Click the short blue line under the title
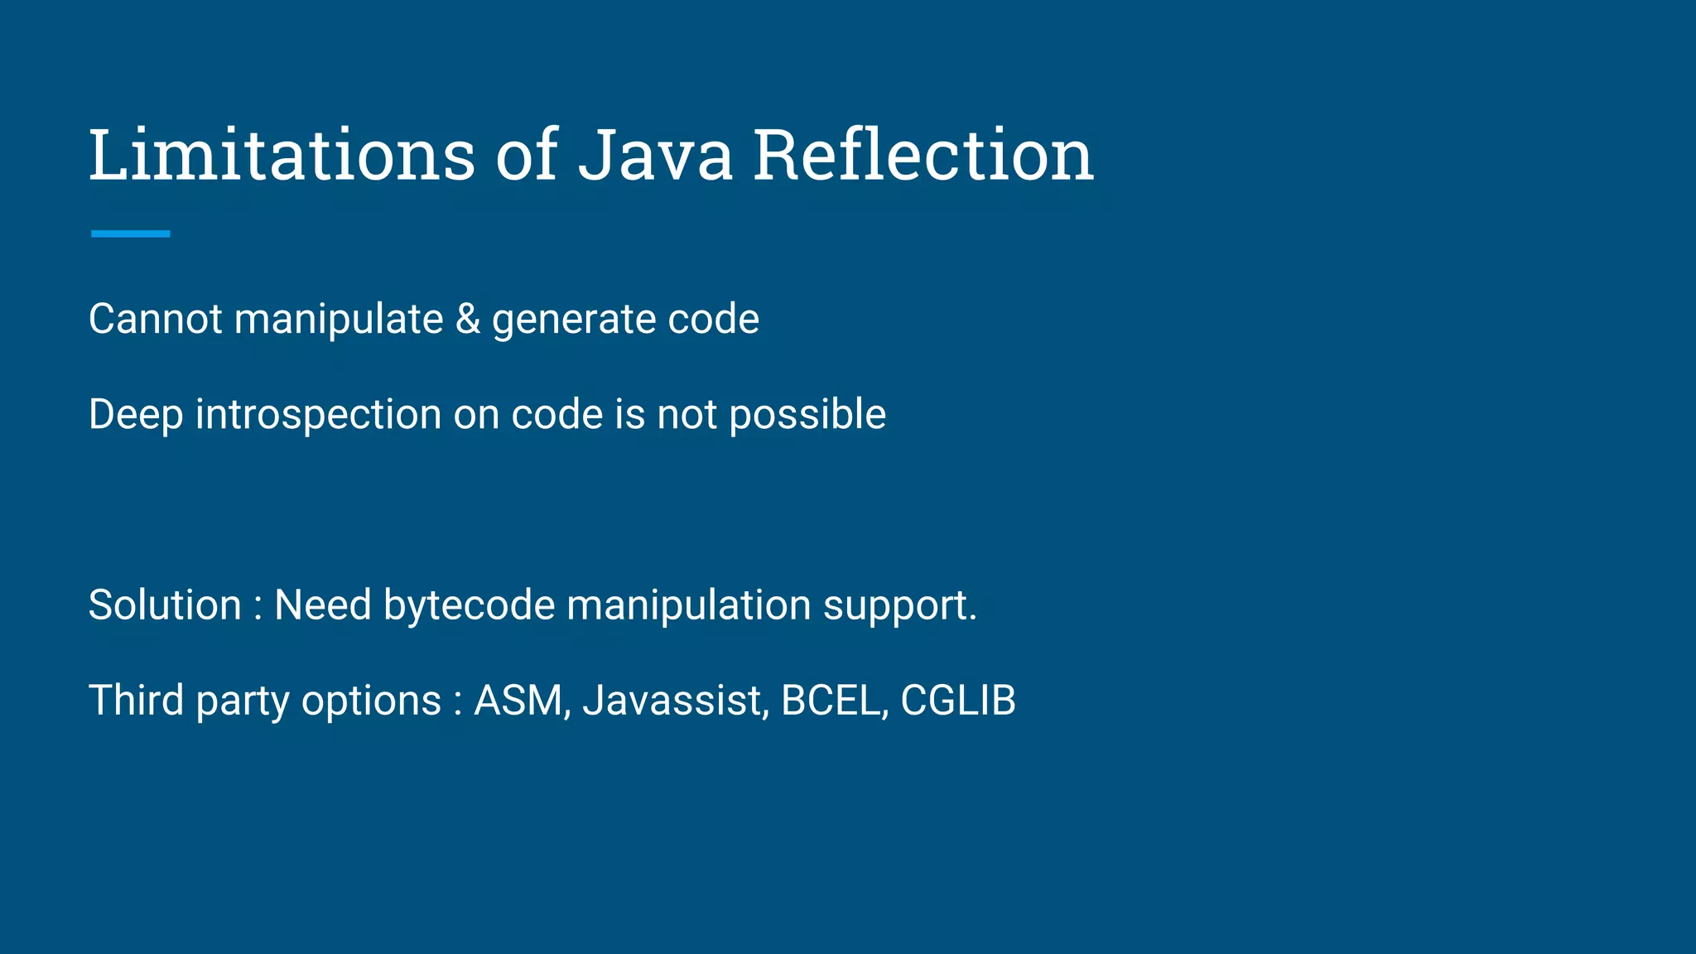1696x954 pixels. [130, 234]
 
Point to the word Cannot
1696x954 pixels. [155, 319]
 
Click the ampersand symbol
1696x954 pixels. [468, 319]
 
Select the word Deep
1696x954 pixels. [135, 415]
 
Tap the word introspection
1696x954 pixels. [318, 415]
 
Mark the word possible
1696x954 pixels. [807, 414]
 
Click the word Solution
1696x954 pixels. [164, 605]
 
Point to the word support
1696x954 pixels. [899, 606]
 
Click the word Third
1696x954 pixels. [136, 700]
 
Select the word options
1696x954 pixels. [371, 701]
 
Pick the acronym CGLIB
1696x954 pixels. [957, 701]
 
